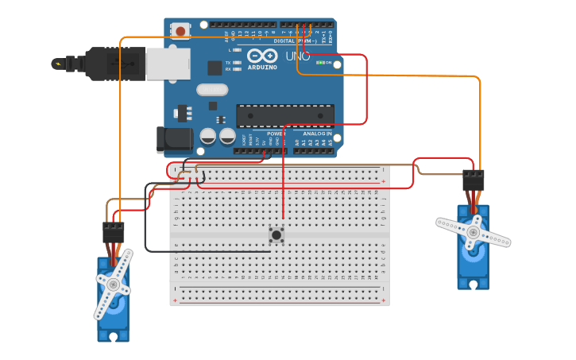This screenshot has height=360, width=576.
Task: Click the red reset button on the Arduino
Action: (181, 31)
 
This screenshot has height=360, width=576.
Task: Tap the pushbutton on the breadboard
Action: (276, 234)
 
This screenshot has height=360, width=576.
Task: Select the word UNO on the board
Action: (298, 56)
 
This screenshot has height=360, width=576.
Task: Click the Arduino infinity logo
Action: (262, 56)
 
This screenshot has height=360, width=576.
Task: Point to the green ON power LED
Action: (320, 62)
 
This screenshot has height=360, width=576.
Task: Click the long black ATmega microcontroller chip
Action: (284, 115)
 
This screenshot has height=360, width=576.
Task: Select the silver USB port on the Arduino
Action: (168, 64)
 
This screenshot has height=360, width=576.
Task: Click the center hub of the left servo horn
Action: (113, 285)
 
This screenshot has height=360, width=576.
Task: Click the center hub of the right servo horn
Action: (473, 232)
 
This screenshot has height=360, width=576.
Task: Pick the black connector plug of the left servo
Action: (114, 232)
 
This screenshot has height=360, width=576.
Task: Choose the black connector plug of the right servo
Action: (474, 180)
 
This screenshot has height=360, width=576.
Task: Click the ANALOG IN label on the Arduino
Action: (317, 134)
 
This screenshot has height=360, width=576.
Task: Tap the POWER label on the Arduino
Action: (276, 134)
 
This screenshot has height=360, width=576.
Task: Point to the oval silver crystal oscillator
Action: (212, 90)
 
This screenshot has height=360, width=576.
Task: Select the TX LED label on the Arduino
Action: (228, 62)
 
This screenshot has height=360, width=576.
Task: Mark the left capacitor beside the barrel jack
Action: (208, 136)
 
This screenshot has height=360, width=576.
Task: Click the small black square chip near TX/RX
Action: (215, 68)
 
